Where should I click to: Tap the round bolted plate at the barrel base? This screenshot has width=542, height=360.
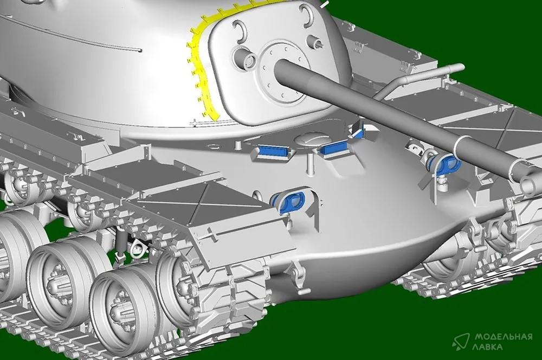point(282,74)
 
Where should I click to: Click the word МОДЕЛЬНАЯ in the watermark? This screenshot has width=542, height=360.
point(504,337)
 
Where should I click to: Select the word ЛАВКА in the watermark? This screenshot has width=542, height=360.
point(489,347)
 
